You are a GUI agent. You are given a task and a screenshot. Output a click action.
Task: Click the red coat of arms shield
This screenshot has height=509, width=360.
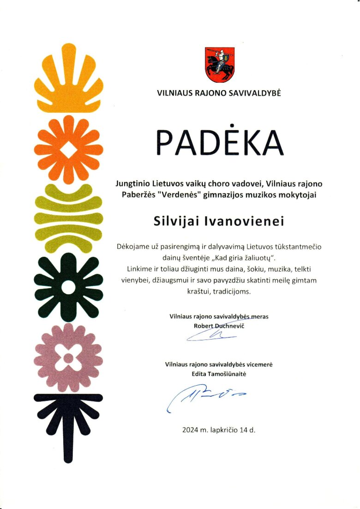[x=220, y=64]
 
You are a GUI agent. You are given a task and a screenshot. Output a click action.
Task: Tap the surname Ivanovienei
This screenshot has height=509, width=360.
[x=252, y=221]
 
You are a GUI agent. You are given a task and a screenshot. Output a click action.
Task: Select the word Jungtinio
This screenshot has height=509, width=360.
[x=132, y=183]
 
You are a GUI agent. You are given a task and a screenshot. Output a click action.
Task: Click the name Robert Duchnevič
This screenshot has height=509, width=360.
[x=219, y=326]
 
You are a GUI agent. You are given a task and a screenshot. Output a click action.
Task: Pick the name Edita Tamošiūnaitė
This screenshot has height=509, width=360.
[x=219, y=373]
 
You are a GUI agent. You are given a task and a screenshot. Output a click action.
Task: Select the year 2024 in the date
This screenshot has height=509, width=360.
[x=190, y=430]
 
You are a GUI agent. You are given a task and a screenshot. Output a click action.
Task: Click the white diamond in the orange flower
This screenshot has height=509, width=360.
[x=68, y=149]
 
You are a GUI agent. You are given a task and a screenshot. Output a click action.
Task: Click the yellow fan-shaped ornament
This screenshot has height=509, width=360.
[x=68, y=81]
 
